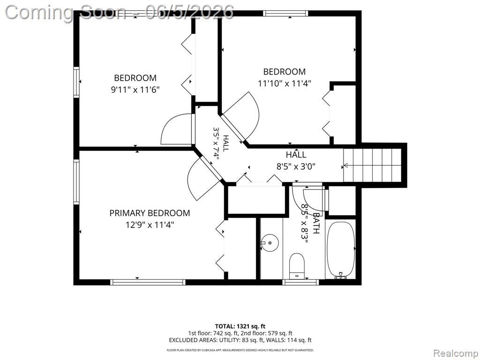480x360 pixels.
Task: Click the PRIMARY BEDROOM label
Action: (150, 213)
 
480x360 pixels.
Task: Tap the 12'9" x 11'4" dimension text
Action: (150, 225)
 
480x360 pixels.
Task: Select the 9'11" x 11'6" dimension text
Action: (135, 90)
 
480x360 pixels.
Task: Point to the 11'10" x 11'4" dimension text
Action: (285, 83)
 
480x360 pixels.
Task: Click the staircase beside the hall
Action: (372, 165)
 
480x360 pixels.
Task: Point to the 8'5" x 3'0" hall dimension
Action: (296, 166)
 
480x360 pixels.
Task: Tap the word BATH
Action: (316, 223)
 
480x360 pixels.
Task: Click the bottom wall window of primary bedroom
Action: (148, 282)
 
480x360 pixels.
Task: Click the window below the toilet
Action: (300, 282)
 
